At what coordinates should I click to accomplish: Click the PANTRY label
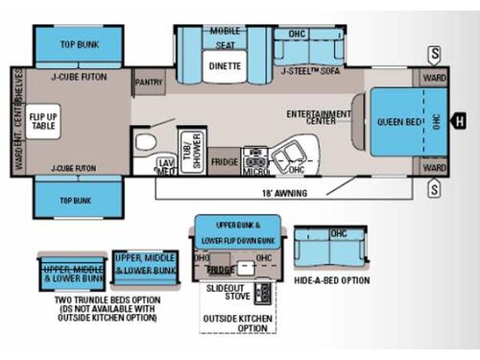coord(149,83)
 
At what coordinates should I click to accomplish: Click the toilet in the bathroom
coord(146,143)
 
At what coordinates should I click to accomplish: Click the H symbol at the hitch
coord(459,120)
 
